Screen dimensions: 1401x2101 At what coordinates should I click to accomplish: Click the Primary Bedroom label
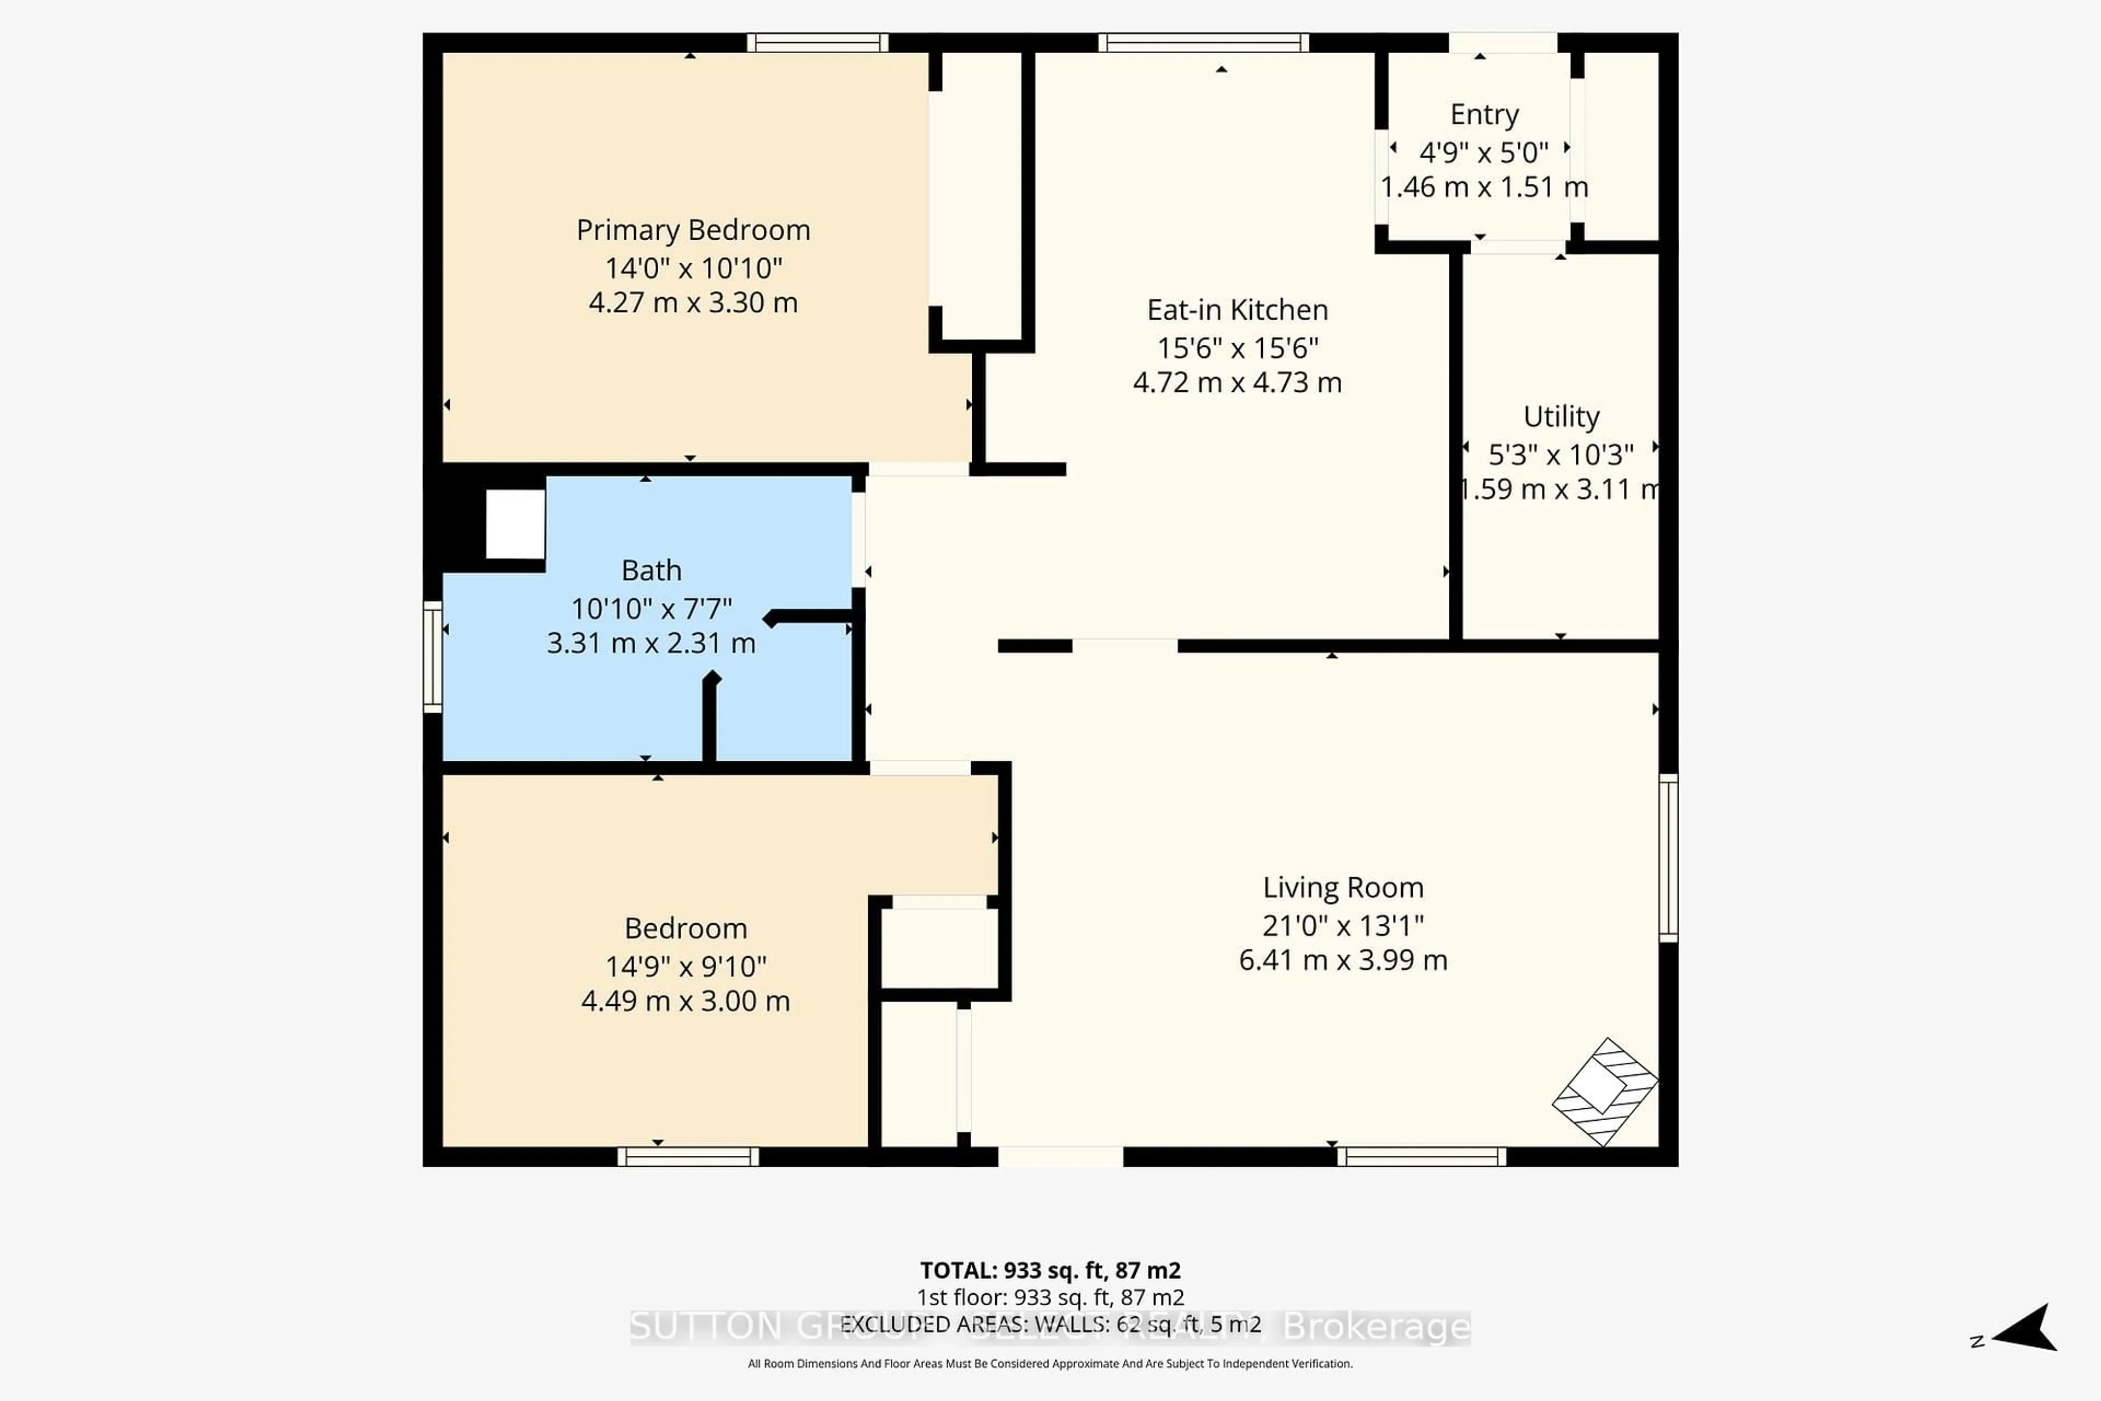click(x=693, y=230)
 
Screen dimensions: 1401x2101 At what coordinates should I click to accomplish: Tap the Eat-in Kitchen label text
click(x=1237, y=310)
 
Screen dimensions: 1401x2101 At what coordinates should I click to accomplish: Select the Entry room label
click(x=1484, y=114)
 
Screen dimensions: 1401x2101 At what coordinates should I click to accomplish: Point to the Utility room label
click(x=1560, y=416)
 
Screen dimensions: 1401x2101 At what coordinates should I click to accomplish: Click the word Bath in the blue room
click(x=651, y=570)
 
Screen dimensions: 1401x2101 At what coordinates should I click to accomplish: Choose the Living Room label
click(x=1343, y=887)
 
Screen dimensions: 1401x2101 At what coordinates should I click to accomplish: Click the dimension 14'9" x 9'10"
click(x=685, y=966)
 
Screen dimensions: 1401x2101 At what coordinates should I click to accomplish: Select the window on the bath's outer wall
click(x=432, y=657)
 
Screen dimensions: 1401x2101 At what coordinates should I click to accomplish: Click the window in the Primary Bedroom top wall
click(x=817, y=42)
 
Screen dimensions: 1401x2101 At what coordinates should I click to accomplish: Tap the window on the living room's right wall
click(x=1668, y=858)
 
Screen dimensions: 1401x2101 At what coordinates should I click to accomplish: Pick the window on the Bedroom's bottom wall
click(x=688, y=1157)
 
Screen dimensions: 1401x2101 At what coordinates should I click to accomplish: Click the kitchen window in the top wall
click(x=1203, y=42)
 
